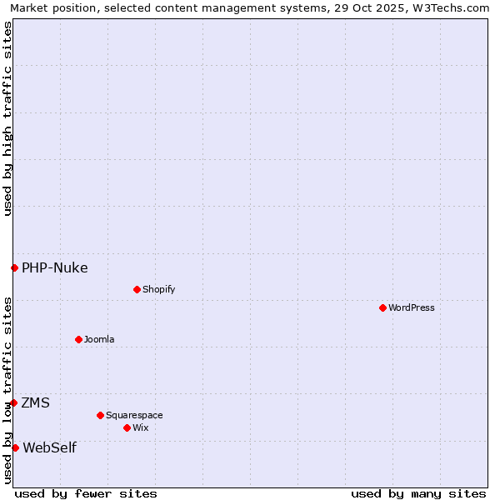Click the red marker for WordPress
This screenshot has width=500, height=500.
(x=382, y=307)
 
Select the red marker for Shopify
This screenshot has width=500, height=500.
(x=137, y=289)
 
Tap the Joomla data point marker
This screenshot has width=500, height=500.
(x=78, y=339)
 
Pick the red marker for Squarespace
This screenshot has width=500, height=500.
(x=100, y=415)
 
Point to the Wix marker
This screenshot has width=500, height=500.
(x=127, y=427)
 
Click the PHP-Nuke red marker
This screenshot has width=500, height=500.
(x=14, y=267)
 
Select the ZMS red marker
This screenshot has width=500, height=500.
(x=13, y=402)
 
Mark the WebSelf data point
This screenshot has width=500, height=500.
(x=15, y=447)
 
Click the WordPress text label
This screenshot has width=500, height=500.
(x=412, y=307)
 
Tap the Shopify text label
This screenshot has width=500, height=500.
(x=159, y=289)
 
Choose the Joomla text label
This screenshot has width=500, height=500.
(x=99, y=339)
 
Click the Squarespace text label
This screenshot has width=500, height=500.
(x=134, y=415)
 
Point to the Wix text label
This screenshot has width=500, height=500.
(x=141, y=427)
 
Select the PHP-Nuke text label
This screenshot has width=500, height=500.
(x=55, y=267)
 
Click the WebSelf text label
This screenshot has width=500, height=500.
(x=49, y=447)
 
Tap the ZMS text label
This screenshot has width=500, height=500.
(x=36, y=402)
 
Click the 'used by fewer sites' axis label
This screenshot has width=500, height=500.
(x=86, y=493)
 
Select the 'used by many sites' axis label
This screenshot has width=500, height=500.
(x=418, y=493)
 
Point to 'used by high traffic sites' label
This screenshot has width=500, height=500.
(x=7, y=118)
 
